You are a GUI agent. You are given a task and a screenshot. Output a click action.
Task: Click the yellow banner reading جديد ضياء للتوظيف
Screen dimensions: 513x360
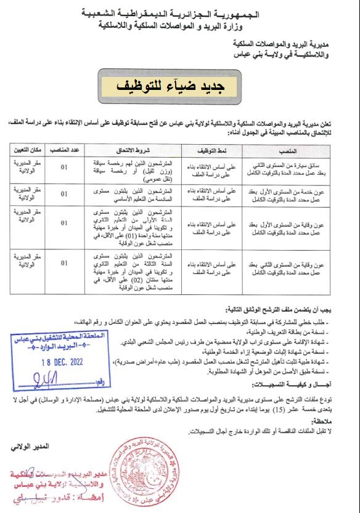[179, 86]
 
